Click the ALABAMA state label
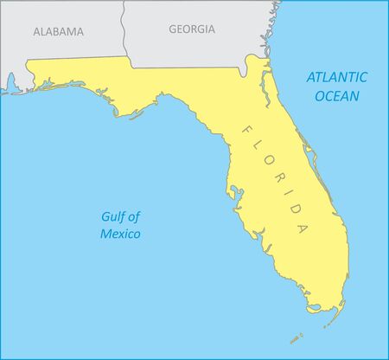[58, 31]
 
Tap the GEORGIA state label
[192, 29]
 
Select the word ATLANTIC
[337, 76]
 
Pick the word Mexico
[120, 234]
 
